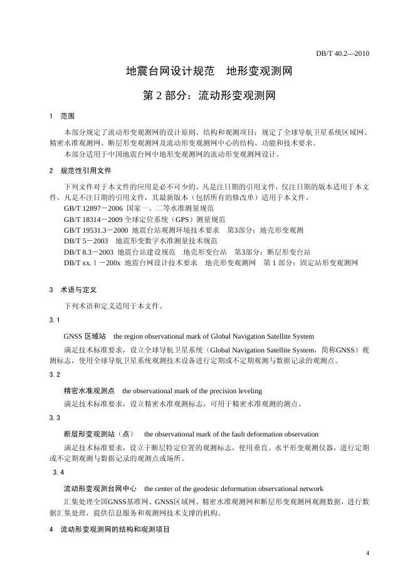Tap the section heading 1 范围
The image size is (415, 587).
tap(62, 117)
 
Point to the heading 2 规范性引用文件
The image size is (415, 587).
tap(80, 171)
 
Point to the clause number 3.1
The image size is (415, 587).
tap(55, 320)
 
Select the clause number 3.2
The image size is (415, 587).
tap(55, 374)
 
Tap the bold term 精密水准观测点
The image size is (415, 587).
tap(89, 390)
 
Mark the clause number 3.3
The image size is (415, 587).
tap(55, 418)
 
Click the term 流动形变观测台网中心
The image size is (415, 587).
tap(100, 488)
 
